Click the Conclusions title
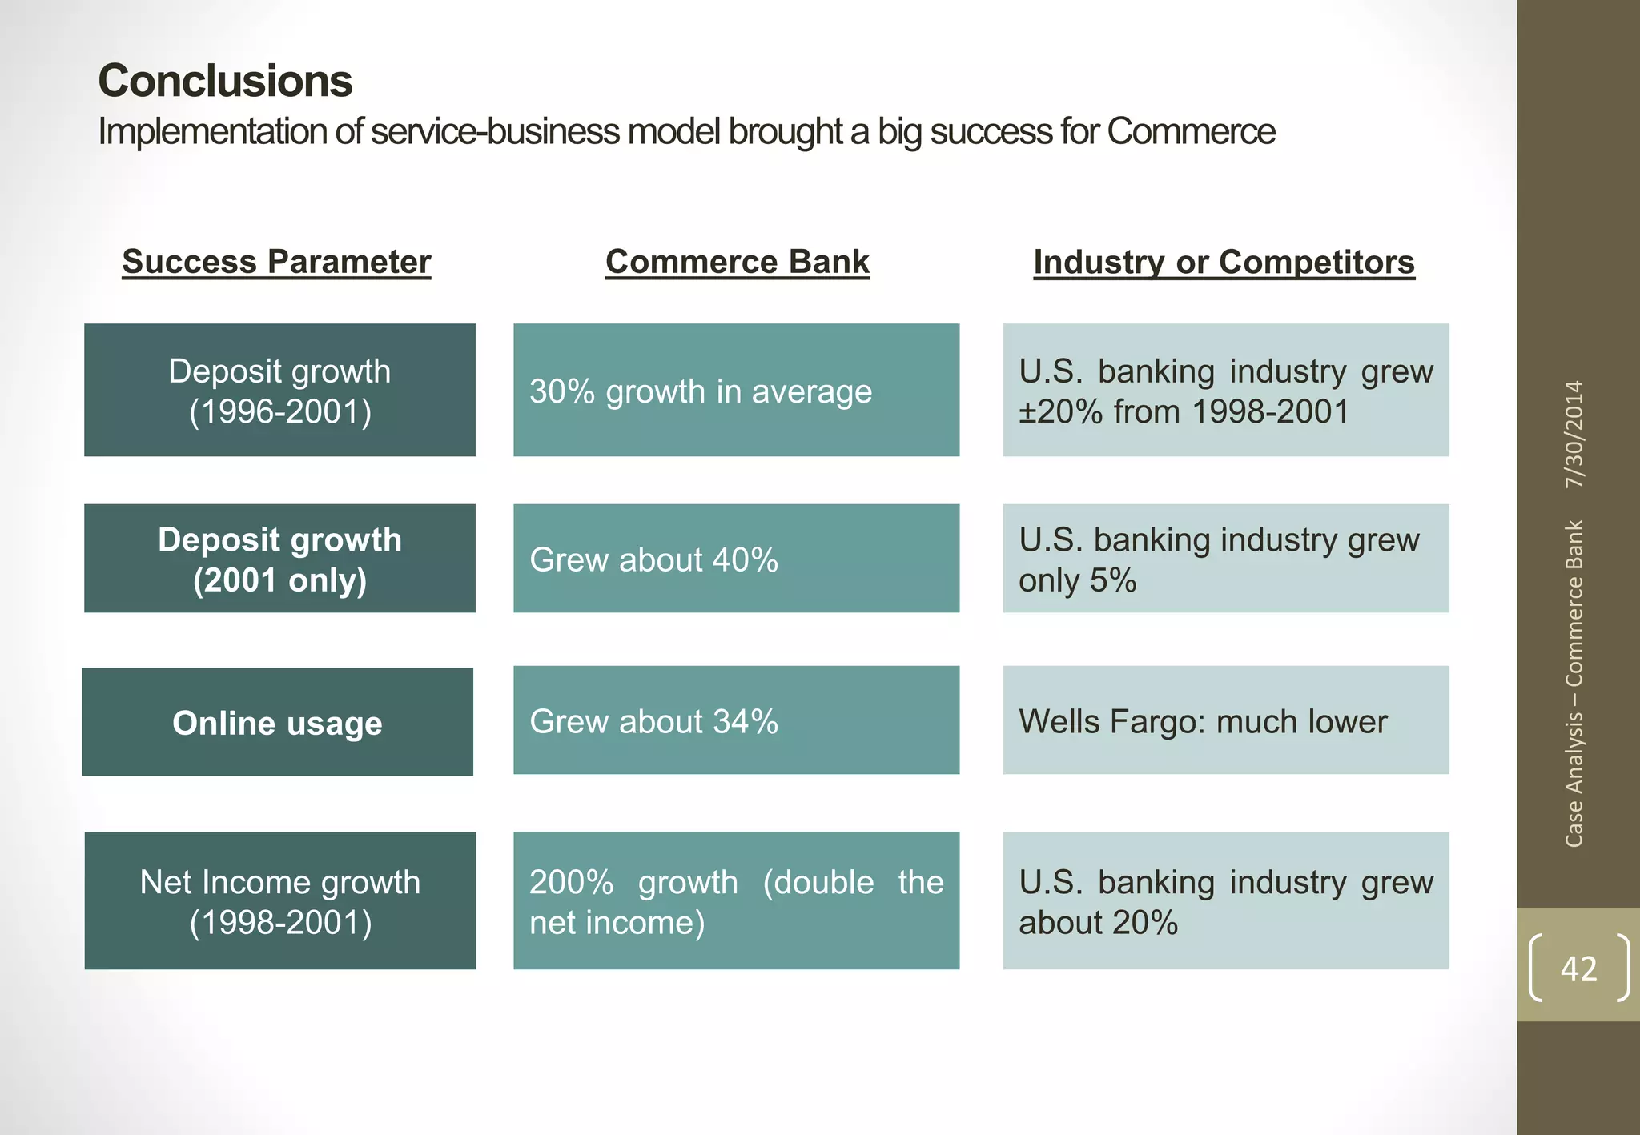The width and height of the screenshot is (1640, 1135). coord(225,82)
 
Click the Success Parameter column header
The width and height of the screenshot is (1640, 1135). coord(276,262)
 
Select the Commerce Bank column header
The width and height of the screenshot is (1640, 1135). coord(737,262)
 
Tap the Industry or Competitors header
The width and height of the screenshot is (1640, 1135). coord(1224,262)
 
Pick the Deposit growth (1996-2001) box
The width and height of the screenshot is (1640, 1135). coord(279,391)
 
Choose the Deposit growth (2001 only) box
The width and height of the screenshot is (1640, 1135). coord(279,559)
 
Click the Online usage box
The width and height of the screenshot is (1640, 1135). coord(277,722)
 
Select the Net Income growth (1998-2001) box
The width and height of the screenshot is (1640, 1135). coord(279,901)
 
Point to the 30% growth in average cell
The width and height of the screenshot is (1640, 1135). coord(736,391)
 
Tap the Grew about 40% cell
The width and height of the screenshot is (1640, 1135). coord(736,559)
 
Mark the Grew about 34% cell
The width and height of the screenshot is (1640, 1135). coord(736,720)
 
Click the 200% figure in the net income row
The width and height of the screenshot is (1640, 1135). coord(570,883)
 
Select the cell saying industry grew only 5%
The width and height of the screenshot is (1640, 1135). coord(1225,559)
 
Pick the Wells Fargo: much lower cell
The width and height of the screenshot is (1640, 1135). coord(1225,720)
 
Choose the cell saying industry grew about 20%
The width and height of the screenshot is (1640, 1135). coord(1225,901)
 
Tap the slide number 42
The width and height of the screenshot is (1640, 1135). coord(1578,969)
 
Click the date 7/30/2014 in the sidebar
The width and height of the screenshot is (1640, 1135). coord(1574,435)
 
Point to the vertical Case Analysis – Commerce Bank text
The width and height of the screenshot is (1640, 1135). coord(1574,684)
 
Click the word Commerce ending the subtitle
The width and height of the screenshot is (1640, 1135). coord(1191,132)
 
